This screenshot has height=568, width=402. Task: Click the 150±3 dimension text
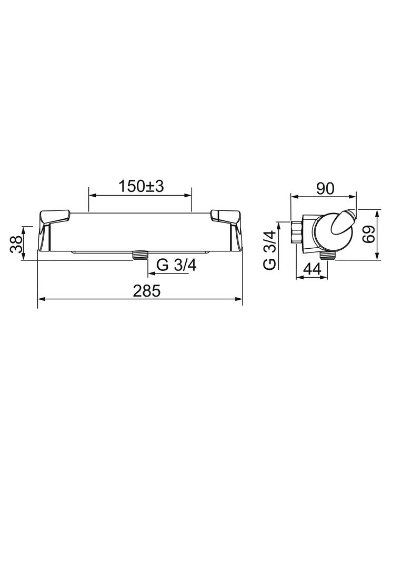141,186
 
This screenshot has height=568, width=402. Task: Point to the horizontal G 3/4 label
176,266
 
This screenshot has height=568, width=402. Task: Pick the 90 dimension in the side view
325,189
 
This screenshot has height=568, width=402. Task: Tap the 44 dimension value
313,269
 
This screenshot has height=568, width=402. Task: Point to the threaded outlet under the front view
139,255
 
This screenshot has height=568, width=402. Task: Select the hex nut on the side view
296,232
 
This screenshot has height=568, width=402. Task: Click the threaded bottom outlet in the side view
329,255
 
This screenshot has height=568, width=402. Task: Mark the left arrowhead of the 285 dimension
41,299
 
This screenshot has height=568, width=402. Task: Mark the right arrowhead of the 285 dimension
239,299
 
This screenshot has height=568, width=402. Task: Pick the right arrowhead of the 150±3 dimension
188,195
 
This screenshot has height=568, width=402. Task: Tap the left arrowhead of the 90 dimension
294,197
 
